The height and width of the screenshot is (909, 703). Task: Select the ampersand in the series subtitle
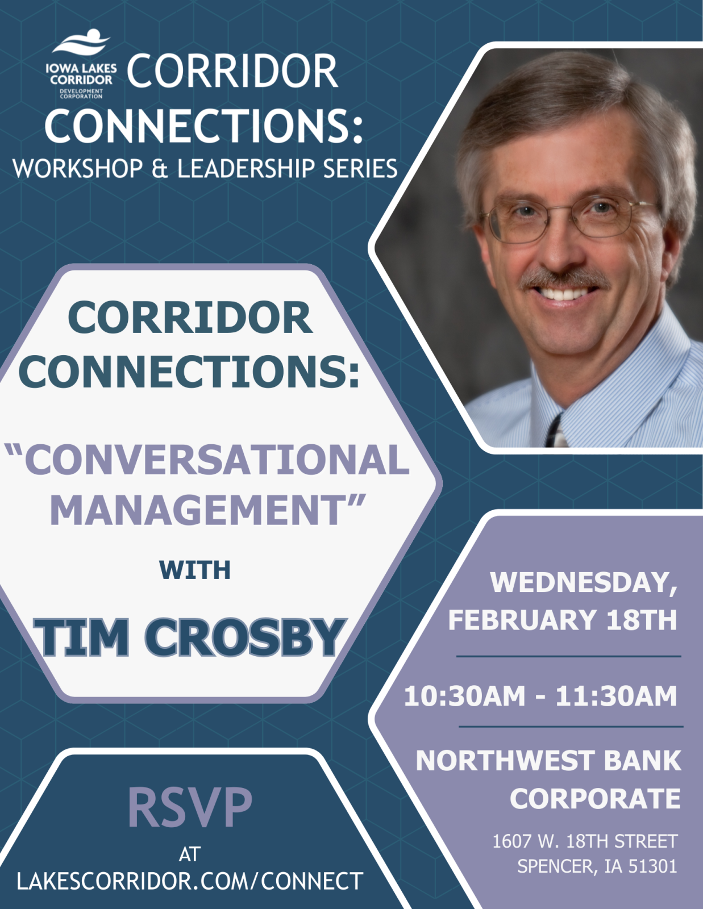coord(160,169)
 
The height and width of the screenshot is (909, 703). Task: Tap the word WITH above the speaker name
coord(194,570)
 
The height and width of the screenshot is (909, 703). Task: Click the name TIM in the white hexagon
coord(82,637)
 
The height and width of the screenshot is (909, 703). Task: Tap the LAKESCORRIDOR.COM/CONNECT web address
coord(190,881)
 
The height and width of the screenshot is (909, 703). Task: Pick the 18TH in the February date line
coord(642,620)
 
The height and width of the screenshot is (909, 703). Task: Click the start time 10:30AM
coord(464,697)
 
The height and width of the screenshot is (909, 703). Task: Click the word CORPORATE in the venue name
coord(595,799)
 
